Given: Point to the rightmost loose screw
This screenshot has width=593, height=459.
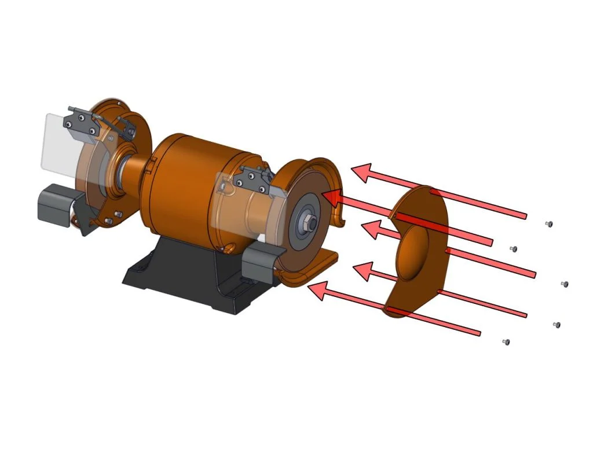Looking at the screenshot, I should [x=565, y=284].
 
